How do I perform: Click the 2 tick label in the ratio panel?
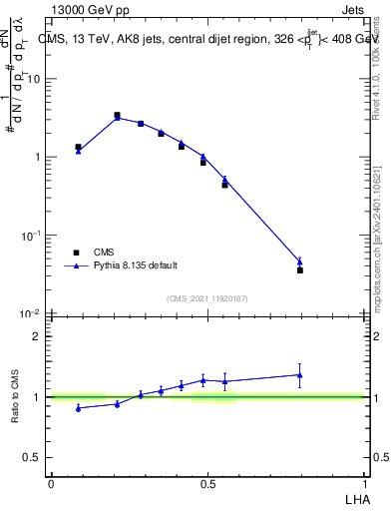[x=38, y=336]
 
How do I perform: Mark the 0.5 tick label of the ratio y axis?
[x=34, y=457]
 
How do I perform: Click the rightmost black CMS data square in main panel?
[x=300, y=269]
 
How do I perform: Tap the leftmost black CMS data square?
[x=78, y=147]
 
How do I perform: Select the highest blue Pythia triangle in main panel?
[x=117, y=118]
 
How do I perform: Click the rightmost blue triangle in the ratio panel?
[x=300, y=375]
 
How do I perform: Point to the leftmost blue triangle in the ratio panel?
[x=78, y=408]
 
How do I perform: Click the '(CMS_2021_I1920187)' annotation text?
[x=207, y=296]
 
